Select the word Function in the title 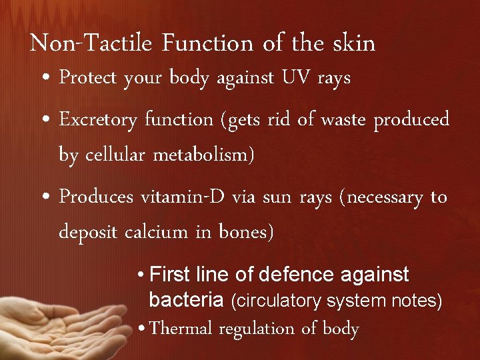click(207, 44)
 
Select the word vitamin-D click(172, 197)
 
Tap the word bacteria click(186, 301)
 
